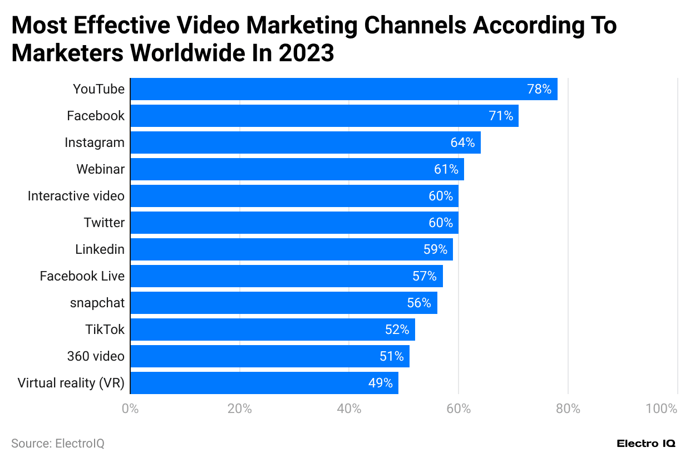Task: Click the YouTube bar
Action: [x=343, y=89]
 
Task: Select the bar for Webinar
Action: [x=297, y=169]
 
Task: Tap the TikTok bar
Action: [x=272, y=330]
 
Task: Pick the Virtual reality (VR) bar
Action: [x=264, y=383]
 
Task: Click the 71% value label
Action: [x=501, y=116]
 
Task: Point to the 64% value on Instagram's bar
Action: [x=462, y=142]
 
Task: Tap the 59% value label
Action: [x=435, y=249]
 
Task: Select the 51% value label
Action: [x=392, y=356]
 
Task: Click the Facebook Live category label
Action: [x=82, y=276]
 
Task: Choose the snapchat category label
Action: [x=97, y=303]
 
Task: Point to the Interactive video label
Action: [x=76, y=196]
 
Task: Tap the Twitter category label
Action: [x=104, y=223]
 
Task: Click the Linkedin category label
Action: [x=100, y=249]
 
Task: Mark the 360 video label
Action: [x=96, y=356]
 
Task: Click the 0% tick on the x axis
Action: [x=130, y=409]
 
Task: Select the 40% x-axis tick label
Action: [x=349, y=409]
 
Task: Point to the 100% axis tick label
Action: [x=662, y=409]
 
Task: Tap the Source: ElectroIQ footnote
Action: [x=58, y=444]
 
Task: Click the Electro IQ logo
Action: [x=646, y=444]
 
